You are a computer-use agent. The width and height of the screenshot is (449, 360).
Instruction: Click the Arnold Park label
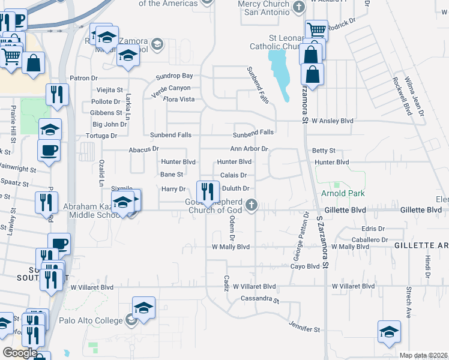334,193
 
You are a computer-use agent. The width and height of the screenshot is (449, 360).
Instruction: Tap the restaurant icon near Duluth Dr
208,192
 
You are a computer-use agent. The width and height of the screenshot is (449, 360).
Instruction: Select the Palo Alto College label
92,320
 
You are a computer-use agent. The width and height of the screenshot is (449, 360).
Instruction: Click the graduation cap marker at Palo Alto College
143,308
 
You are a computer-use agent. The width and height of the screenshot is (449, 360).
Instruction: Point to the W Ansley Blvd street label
332,121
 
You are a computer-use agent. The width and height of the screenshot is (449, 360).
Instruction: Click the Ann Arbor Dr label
249,149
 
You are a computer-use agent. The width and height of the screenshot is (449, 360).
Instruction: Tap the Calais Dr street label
234,175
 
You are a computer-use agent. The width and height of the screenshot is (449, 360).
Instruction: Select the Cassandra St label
260,298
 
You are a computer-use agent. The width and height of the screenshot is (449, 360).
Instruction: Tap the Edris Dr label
373,229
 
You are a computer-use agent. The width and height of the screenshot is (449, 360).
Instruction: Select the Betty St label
324,151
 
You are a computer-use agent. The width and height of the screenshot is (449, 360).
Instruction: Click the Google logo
20,352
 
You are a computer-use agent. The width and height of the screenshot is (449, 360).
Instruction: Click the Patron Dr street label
83,78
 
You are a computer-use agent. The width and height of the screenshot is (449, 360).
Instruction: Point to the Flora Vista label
179,99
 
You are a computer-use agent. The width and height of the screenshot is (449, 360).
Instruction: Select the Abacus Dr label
143,149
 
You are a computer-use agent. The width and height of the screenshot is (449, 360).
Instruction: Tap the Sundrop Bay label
174,76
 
